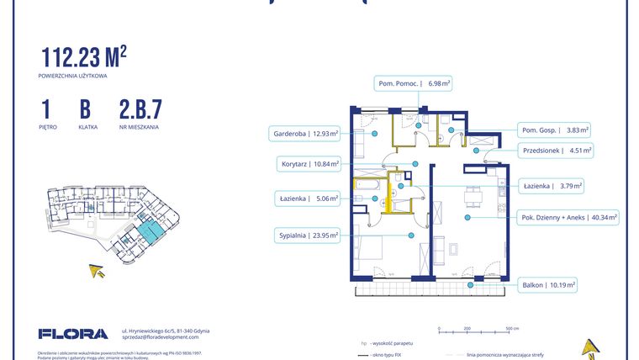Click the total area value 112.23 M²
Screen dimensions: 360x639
(84, 57)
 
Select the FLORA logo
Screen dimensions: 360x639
(73, 334)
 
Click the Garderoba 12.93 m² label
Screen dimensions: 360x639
(304, 133)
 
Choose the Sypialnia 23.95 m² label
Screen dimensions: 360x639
(305, 236)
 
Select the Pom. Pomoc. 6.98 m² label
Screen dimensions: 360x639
(413, 83)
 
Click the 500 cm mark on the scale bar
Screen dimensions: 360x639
(510, 329)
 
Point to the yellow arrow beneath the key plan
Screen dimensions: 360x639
(98, 270)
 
